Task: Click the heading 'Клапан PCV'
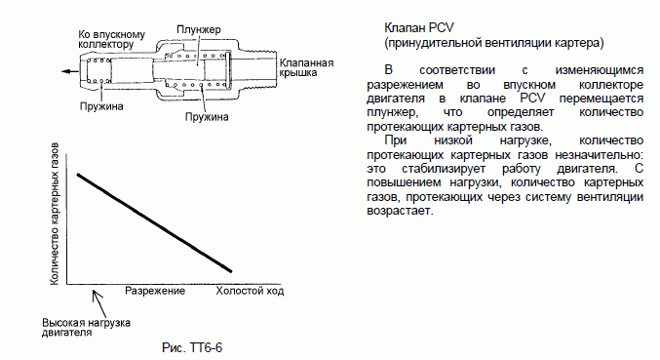coord(419,27)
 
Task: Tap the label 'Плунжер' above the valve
coord(199,30)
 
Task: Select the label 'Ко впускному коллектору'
coord(111,39)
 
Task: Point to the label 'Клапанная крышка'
coord(306,67)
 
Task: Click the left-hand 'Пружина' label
coord(101,106)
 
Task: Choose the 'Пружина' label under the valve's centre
coord(207,117)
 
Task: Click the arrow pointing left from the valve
coord(70,71)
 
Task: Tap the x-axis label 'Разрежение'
coord(155,291)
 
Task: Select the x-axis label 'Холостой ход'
coord(250,291)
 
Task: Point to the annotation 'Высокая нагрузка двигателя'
coord(87,328)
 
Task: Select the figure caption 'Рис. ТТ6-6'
coord(192,347)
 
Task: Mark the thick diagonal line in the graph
coord(154,222)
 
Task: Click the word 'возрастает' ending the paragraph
coord(400,210)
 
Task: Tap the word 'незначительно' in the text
coord(599,154)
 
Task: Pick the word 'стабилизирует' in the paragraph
coord(444,169)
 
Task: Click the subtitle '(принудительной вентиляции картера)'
coord(494,43)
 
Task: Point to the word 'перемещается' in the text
coord(602,99)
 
